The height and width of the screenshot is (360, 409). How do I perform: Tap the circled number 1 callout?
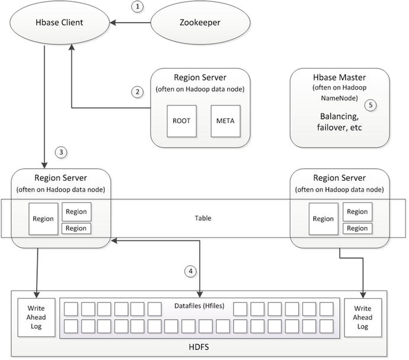[138, 7]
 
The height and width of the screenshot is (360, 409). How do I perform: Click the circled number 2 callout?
[138, 92]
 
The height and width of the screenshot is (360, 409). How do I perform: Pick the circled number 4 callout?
[190, 271]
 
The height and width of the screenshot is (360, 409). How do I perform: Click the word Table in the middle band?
[203, 218]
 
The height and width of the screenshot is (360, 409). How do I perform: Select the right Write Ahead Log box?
[362, 317]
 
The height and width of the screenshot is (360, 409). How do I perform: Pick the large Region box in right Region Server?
[323, 219]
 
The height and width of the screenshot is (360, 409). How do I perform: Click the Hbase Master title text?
[339, 78]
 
